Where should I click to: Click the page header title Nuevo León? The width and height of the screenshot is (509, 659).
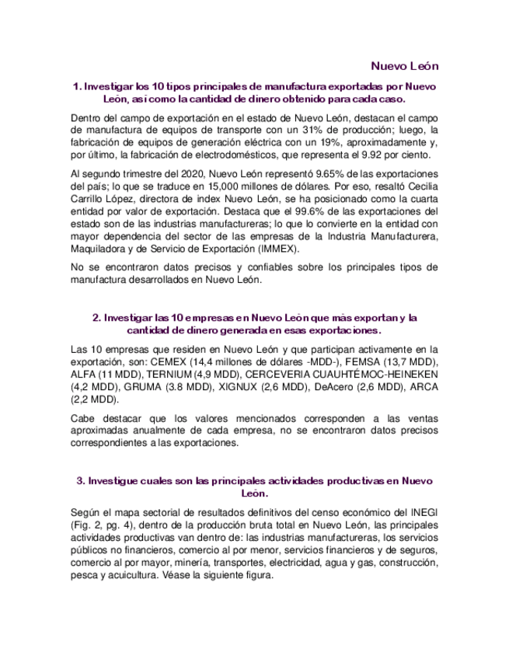[x=403, y=65]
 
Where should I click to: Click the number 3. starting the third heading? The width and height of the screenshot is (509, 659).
[x=80, y=481]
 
